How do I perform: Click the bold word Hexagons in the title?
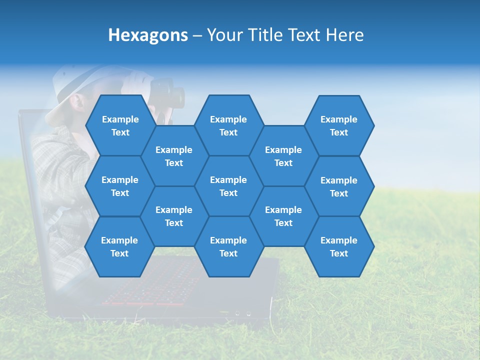[x=148, y=35]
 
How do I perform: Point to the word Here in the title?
[x=345, y=35]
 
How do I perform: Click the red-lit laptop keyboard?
[x=150, y=285]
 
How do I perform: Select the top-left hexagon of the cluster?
[x=120, y=125]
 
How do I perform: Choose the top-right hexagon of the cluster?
[x=339, y=125]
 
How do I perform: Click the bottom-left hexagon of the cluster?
[x=119, y=246]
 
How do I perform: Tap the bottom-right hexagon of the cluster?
[x=339, y=246]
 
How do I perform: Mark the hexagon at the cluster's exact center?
[x=228, y=186]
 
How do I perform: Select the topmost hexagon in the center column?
[x=228, y=125]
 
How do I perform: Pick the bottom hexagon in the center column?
[x=228, y=246]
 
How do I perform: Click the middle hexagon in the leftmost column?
[x=120, y=186]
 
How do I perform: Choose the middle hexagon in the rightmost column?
[x=339, y=186]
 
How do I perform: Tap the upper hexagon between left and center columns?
[x=174, y=156]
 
